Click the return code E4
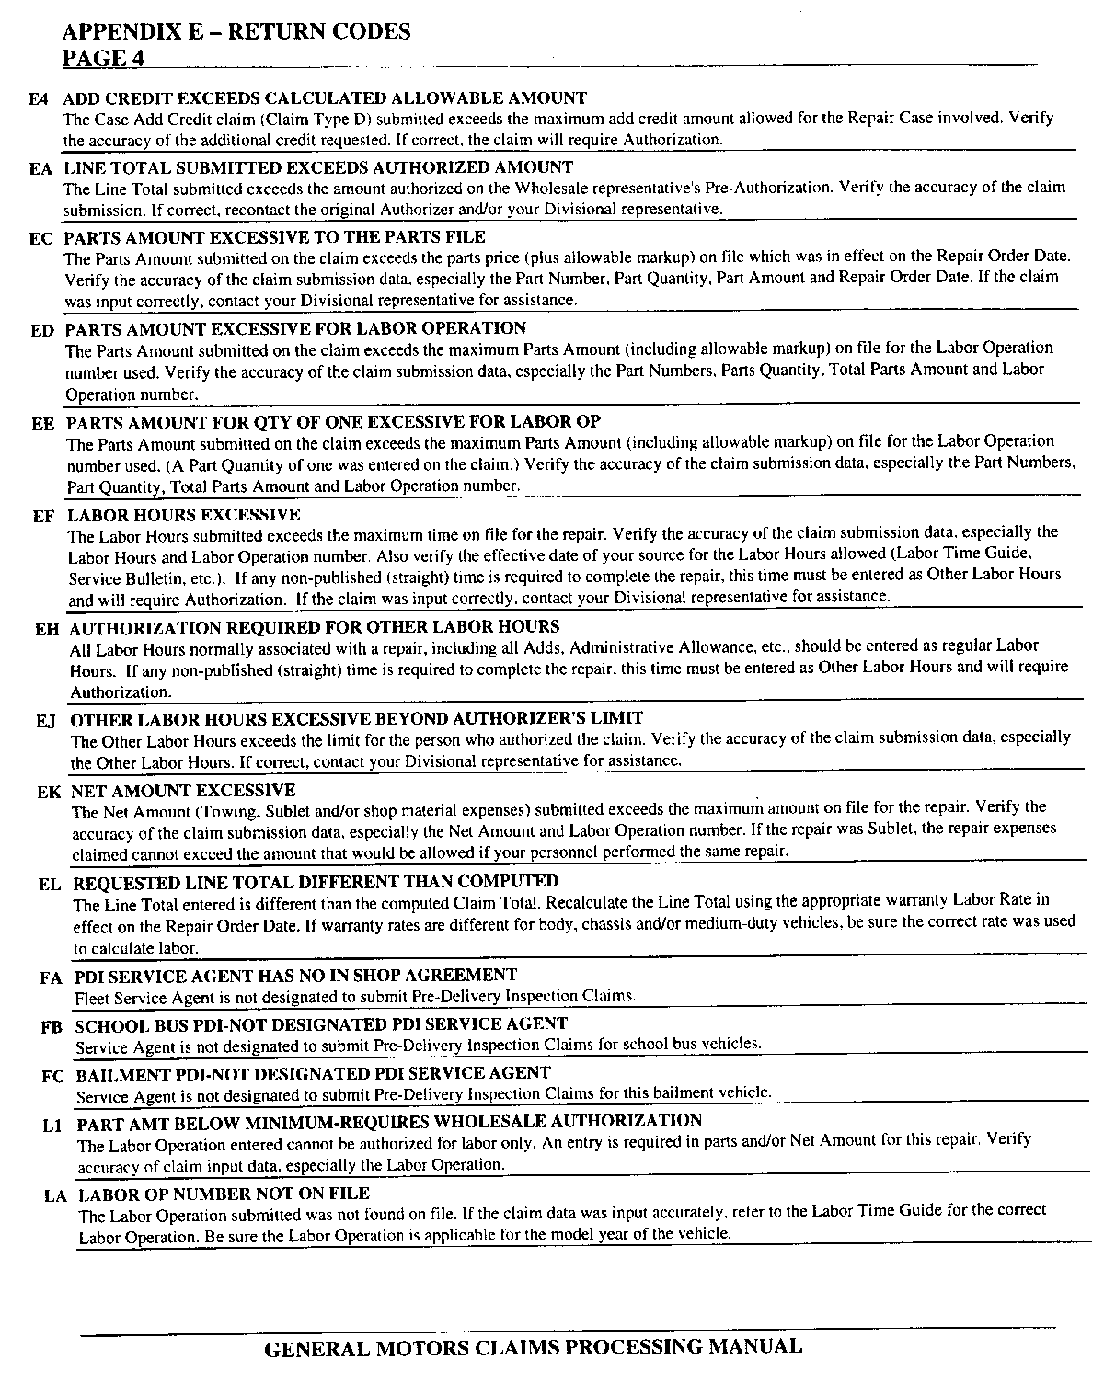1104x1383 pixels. click(38, 98)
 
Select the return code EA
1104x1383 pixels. click(40, 168)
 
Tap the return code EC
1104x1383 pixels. click(40, 238)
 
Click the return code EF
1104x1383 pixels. click(43, 516)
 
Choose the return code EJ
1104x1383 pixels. click(46, 720)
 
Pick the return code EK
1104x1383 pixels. click(49, 792)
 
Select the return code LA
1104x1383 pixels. click(55, 1196)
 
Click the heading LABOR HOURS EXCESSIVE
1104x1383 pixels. click(184, 514)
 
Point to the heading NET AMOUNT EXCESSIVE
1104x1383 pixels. click(183, 790)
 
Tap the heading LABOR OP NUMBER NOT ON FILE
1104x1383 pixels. click(224, 1194)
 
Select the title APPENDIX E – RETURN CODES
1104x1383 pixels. click(236, 31)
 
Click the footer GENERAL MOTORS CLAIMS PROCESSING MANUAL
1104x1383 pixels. click(533, 1347)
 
